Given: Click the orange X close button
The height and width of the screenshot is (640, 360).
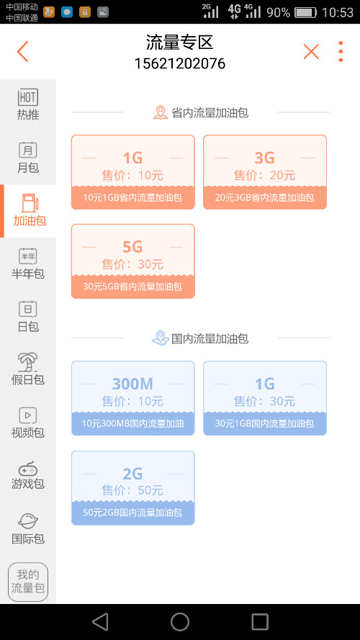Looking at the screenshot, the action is pos(311,51).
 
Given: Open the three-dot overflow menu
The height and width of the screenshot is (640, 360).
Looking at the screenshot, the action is pos(341,51).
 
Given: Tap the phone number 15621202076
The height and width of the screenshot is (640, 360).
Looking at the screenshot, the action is pos(179,63).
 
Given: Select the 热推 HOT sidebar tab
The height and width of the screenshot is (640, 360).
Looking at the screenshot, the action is pos(28,104).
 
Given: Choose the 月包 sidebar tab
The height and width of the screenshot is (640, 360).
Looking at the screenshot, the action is pos(28,158).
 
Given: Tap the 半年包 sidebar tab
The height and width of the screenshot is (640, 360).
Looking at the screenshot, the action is pos(28,263).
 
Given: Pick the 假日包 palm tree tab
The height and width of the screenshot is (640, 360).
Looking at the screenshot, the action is pos(28,369).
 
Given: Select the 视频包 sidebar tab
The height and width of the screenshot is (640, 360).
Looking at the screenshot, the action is pos(28,423).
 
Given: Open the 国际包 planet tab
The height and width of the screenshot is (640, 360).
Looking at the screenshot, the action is pos(28,528).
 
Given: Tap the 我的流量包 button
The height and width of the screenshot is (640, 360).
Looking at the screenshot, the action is pos(28,582).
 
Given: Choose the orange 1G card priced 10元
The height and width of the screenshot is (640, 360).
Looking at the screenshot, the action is pos(133,172).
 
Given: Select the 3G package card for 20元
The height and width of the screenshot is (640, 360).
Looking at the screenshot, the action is pos(265,172).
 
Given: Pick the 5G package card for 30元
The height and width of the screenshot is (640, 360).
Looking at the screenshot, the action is pos(133,261).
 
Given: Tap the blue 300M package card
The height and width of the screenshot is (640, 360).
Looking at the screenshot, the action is pos(133,398).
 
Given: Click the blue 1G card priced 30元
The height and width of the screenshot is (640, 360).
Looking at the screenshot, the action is pos(265,398).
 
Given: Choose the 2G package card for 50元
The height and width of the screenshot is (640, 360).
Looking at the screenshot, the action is pos(133,488).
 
